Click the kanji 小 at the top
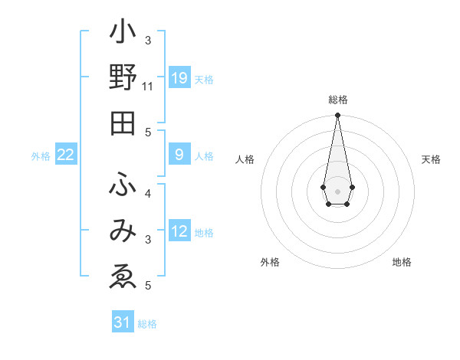coord(123,34)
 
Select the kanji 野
coord(123,79)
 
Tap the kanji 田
coord(123,123)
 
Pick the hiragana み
coord(123,231)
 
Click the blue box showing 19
coord(179,78)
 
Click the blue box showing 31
coord(123,322)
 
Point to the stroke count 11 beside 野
coord(148,87)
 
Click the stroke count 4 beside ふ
coord(148,193)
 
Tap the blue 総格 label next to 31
coord(147,324)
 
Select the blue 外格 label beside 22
coord(41,156)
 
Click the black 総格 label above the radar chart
coord(337,100)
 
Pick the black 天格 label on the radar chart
coord(431,159)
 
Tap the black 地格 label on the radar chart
coord(402,263)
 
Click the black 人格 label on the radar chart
coord(245,159)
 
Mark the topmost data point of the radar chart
coord(337,116)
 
